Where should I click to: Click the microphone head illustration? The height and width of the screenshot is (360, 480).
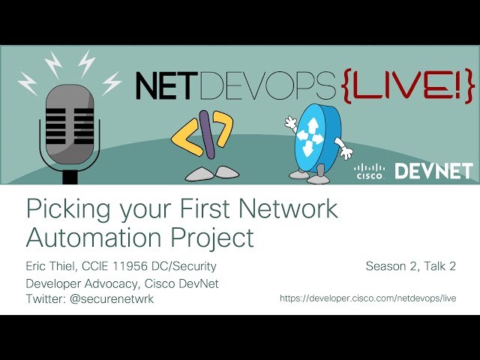[69, 121]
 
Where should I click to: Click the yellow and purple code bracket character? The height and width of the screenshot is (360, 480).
[200, 137]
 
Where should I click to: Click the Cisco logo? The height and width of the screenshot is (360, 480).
[369, 171]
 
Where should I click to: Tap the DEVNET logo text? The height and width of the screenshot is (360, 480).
[433, 171]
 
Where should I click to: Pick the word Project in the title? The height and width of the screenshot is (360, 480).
[211, 238]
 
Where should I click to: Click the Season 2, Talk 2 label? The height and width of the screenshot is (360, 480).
[411, 265]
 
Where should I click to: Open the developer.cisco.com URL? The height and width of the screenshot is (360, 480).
[367, 298]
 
